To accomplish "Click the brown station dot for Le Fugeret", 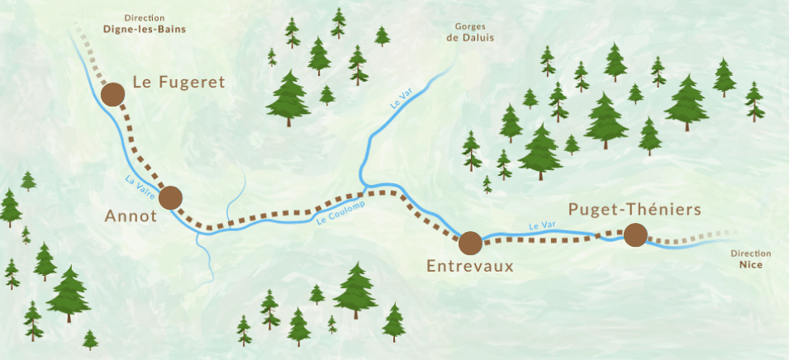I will (x=112, y=95).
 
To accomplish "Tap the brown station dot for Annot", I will (x=170, y=197).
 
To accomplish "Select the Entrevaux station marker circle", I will (x=470, y=243).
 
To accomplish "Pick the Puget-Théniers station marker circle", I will (x=635, y=235).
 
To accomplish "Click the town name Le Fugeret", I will (x=178, y=82).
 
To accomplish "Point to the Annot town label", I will (x=131, y=216).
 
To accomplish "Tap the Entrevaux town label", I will (x=469, y=266).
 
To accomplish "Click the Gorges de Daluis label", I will (x=469, y=31).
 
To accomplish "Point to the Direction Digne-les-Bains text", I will (x=144, y=23).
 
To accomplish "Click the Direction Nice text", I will (x=751, y=259).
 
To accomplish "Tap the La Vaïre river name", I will (x=140, y=185).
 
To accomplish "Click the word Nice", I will (x=751, y=266).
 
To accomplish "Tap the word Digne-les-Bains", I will (x=144, y=29).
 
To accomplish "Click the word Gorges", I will (x=469, y=26).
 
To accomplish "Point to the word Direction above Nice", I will (x=751, y=253).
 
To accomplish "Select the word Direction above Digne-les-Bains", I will (x=144, y=17).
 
